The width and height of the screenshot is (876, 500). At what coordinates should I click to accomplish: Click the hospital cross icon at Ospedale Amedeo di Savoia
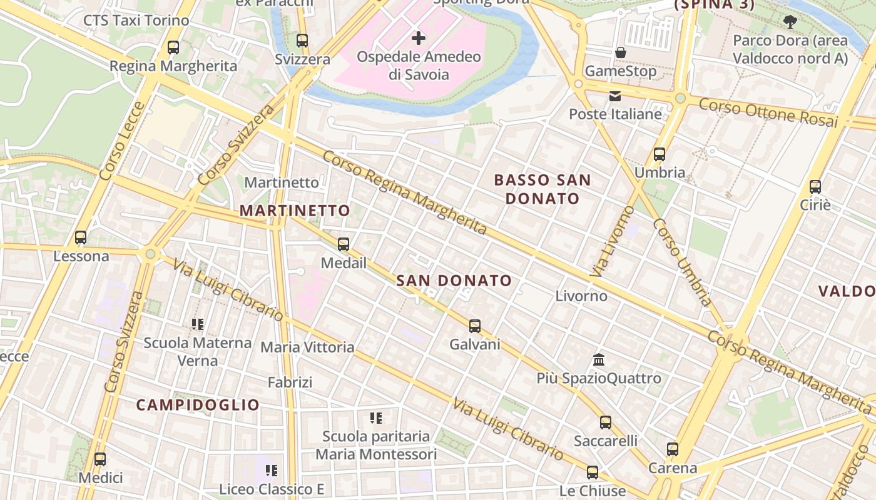click(419, 38)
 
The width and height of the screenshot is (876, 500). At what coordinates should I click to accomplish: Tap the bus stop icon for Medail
click(344, 244)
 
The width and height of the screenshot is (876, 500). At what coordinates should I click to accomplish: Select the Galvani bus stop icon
click(475, 326)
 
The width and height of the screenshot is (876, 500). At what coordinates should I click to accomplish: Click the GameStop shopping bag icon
click(621, 52)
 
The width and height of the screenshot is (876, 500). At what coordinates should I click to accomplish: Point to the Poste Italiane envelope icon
click(615, 96)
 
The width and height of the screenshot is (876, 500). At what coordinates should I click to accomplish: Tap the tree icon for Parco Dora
click(790, 22)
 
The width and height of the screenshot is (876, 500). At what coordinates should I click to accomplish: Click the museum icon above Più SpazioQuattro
click(599, 360)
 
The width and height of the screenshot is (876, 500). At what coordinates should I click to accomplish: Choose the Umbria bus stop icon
click(660, 154)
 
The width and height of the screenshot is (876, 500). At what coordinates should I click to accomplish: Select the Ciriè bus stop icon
click(815, 186)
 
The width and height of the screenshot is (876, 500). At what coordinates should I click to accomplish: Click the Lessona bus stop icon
click(81, 237)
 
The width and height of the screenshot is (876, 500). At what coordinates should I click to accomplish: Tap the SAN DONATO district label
click(454, 281)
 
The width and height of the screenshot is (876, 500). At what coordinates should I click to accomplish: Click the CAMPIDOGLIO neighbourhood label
click(198, 405)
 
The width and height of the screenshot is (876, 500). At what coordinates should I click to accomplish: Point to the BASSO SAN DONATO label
click(542, 189)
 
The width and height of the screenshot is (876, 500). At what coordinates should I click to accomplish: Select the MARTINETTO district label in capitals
click(295, 211)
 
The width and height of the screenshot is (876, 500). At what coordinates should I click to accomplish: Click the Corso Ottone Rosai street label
click(768, 112)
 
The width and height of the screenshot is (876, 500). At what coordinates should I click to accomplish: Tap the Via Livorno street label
click(612, 241)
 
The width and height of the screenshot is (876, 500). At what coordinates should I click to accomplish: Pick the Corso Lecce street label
click(122, 142)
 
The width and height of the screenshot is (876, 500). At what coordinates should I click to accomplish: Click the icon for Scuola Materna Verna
click(198, 324)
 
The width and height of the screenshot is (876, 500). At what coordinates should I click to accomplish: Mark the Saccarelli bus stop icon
click(606, 422)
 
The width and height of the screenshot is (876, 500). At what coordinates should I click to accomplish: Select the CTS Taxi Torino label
click(136, 21)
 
